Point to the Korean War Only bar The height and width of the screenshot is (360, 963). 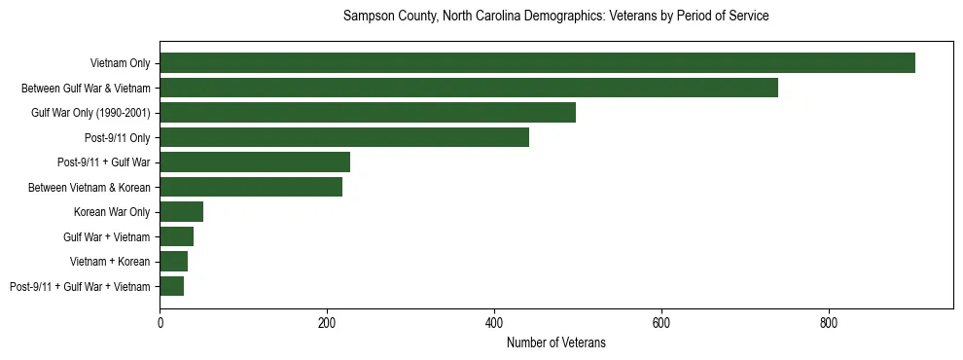coord(182,212)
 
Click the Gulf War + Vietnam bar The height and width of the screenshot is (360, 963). coord(177,236)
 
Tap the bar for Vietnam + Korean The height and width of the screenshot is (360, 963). coord(174,262)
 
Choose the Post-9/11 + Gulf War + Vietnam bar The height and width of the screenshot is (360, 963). coord(172,286)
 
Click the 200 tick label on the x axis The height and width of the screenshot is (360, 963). coord(327,322)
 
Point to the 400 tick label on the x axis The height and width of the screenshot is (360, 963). coord(494,322)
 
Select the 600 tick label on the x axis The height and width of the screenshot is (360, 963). coord(661,322)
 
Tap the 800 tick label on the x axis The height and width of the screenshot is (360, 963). coord(829,322)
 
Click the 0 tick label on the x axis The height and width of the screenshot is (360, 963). coord(160,322)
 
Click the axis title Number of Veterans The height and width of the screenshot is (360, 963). coord(556,342)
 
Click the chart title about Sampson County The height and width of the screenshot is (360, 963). coord(556,17)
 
